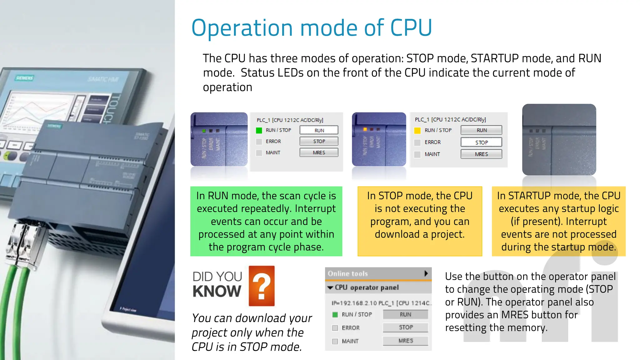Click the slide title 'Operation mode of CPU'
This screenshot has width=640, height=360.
point(312,28)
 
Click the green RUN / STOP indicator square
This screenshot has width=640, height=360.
point(259,130)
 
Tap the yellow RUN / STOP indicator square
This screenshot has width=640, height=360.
point(417,130)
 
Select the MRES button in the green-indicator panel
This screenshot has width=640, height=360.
point(319,152)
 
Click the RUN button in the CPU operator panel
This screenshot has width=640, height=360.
point(405,314)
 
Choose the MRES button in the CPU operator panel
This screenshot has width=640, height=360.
point(405,341)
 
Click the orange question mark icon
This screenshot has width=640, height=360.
point(262,286)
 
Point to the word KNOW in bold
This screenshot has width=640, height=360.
point(217,291)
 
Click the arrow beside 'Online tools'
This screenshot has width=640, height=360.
point(426,273)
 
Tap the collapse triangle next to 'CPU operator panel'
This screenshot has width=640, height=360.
point(330,287)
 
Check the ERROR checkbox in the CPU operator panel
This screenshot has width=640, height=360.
point(335,328)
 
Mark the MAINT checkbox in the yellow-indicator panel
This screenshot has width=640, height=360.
point(417,154)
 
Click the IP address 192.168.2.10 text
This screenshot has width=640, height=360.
point(354,303)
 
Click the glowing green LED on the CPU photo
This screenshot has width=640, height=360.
point(204,131)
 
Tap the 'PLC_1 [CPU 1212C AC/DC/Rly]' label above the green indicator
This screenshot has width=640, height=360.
point(290,120)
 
